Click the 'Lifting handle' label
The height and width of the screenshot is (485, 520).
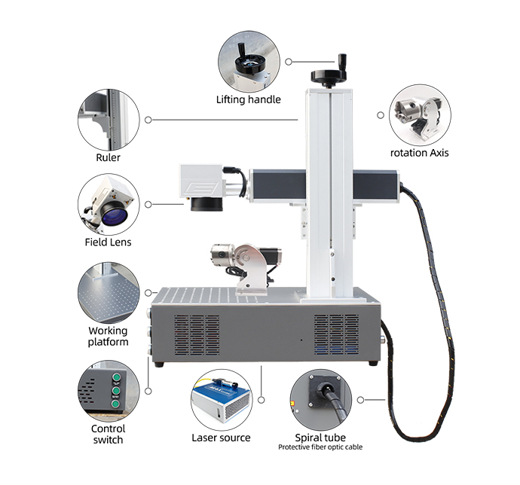249,99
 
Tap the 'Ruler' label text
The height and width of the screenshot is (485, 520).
108,157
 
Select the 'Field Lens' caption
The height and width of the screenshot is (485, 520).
108,242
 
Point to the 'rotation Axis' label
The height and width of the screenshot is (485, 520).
420,153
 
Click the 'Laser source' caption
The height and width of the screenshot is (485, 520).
222,438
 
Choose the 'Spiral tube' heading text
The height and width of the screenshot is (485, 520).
320,438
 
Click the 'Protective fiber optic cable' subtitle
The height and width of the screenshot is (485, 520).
320,447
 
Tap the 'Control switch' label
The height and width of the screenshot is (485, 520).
108,434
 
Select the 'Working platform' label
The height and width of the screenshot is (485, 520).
108,336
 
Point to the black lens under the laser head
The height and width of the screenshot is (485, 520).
207,204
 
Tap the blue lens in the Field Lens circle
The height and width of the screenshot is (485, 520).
115,216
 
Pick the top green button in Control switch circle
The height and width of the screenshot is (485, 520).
116,377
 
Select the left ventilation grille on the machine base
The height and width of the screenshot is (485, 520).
197,334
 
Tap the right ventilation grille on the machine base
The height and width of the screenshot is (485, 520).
336,334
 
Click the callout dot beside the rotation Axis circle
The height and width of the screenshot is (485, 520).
381,115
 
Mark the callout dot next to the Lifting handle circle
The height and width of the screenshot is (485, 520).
289,62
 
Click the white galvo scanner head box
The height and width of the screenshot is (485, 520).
201,181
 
